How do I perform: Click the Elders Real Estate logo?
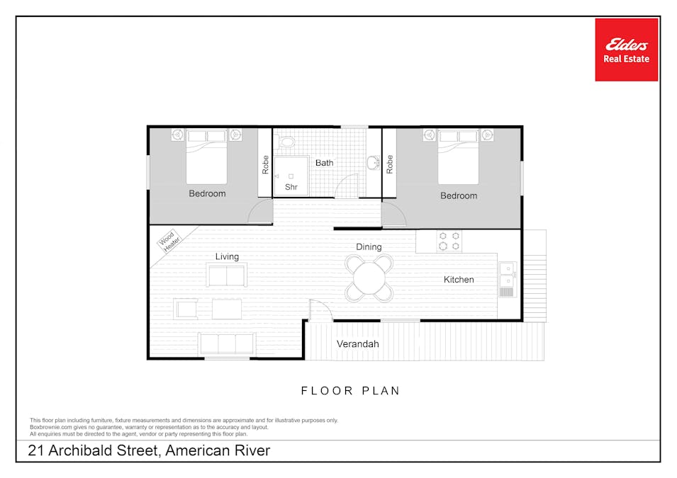(x=626, y=50)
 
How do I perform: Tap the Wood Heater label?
(x=169, y=241)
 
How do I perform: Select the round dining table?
(x=369, y=279)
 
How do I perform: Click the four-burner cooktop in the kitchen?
(x=449, y=241)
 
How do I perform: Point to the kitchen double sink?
(x=507, y=280)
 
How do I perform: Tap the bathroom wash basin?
(x=373, y=163)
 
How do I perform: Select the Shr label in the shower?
(x=291, y=187)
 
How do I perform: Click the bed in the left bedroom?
(x=207, y=157)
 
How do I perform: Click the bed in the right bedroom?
(x=459, y=157)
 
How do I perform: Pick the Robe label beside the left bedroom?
(x=265, y=165)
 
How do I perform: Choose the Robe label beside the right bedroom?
(x=389, y=164)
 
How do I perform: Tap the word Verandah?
(x=357, y=344)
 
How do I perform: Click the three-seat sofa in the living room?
(x=227, y=344)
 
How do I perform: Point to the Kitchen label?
(x=459, y=280)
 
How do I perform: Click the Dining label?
(x=369, y=246)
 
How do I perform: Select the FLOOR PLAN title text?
(x=350, y=391)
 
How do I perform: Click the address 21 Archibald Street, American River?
(x=149, y=450)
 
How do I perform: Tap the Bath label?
(x=324, y=163)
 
